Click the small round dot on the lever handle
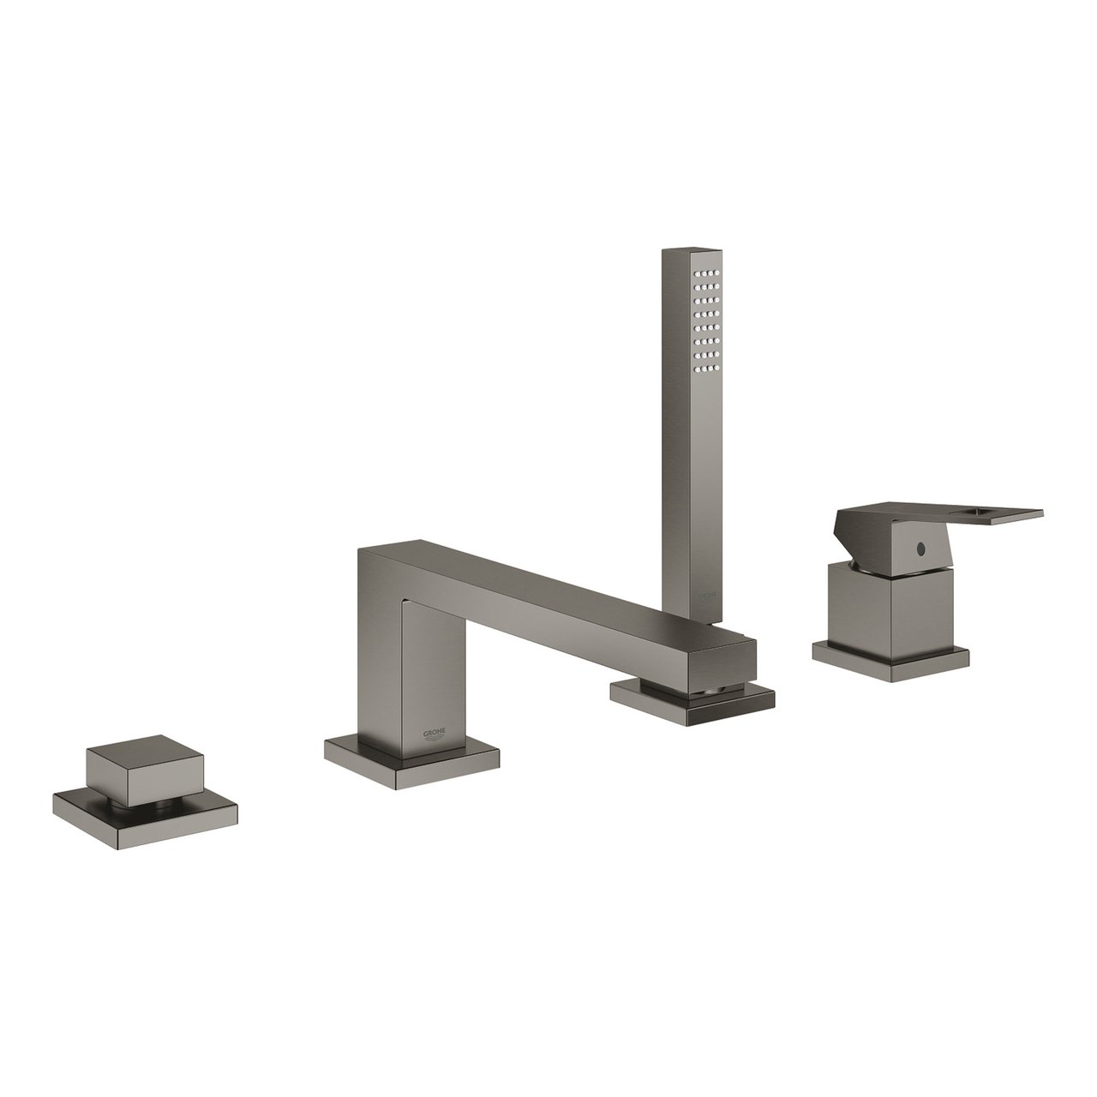[924, 545]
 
